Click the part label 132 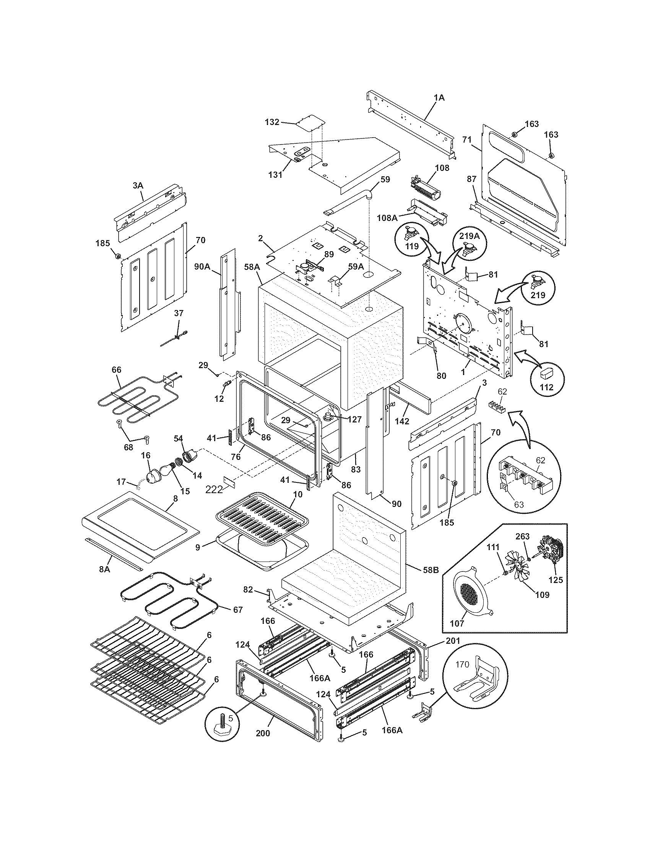(272, 122)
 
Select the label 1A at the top (439, 98)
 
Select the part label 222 (214, 489)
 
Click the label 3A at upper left (138, 186)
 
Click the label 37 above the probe (179, 313)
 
